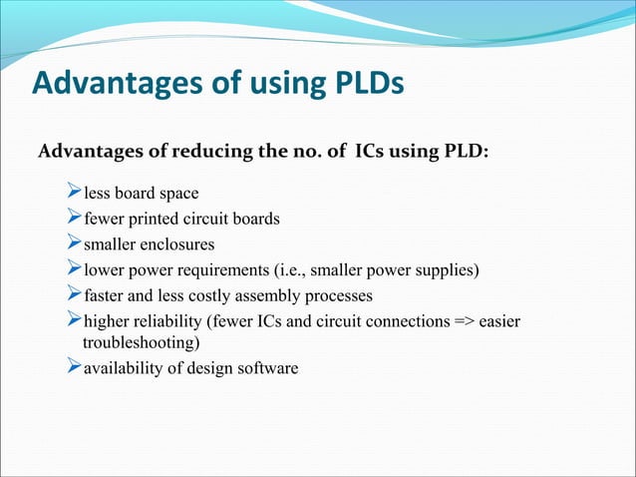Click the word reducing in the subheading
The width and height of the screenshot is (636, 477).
pos(224,154)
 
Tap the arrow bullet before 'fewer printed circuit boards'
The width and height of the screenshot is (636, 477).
pos(71,218)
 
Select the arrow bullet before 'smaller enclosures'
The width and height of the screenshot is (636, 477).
pos(71,243)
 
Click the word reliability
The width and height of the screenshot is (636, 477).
pos(166,321)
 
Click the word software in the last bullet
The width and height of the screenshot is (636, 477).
pos(266,368)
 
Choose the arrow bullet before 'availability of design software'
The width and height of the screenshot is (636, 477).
pos(71,367)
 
